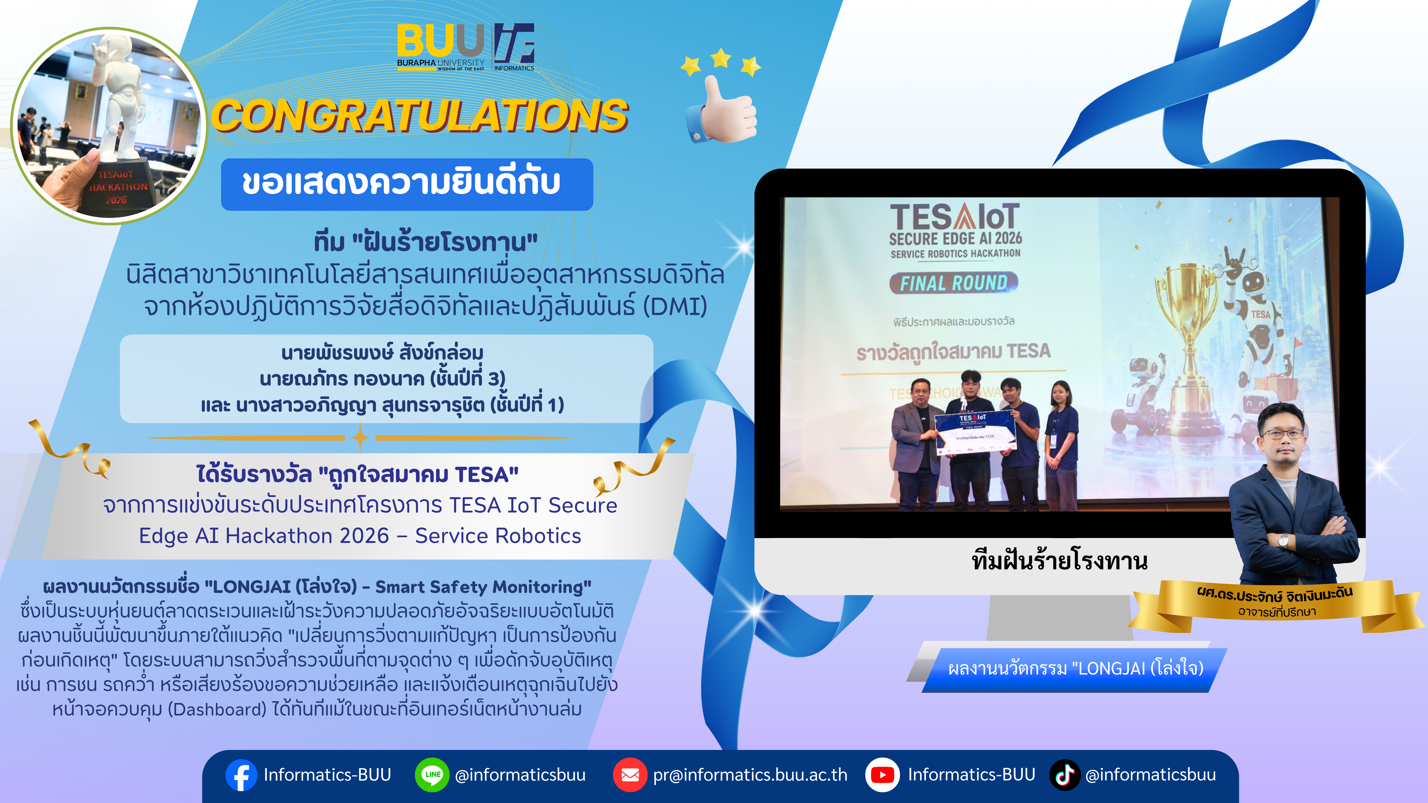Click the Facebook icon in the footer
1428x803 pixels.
pos(241,775)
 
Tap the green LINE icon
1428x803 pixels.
pos(432,775)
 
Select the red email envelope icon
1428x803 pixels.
pos(630,775)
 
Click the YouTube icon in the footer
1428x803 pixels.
pos(882,775)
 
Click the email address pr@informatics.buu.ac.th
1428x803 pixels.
pos(750,775)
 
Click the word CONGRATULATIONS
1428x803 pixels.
pos(420,116)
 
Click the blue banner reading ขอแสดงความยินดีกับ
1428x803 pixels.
pos(407,184)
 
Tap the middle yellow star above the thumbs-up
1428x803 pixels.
pos(721,58)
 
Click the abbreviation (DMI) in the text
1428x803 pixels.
pos(675,306)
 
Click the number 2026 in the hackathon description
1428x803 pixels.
pos(364,536)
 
